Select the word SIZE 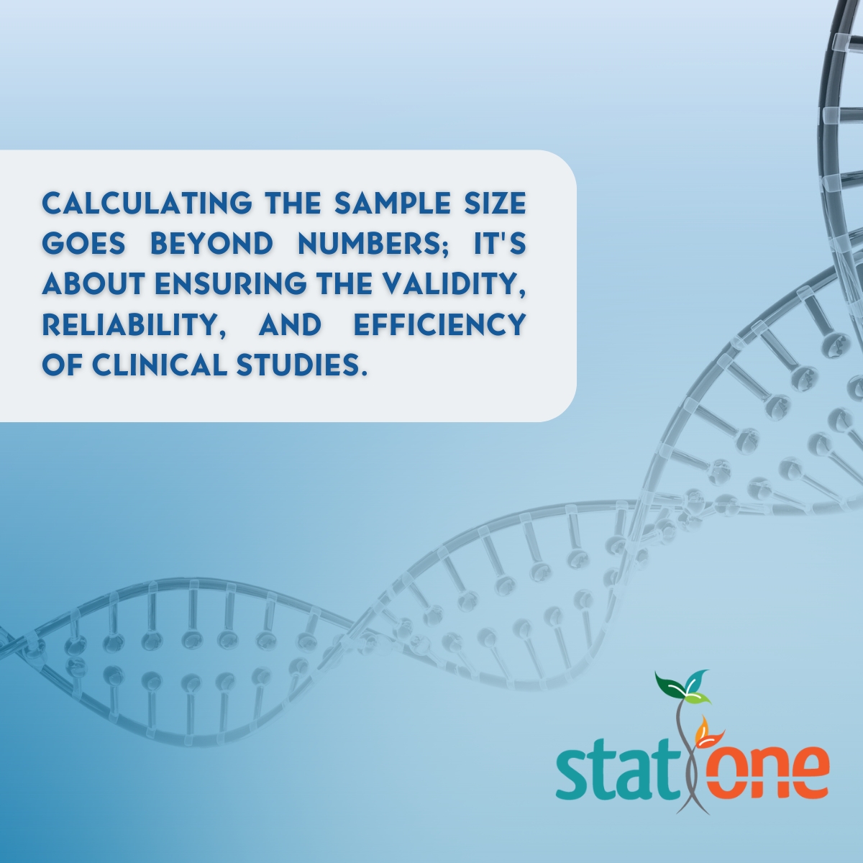point(497,204)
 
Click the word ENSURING point(219,285)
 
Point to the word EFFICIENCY point(439,325)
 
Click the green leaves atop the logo point(684,688)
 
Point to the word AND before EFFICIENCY point(289,325)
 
